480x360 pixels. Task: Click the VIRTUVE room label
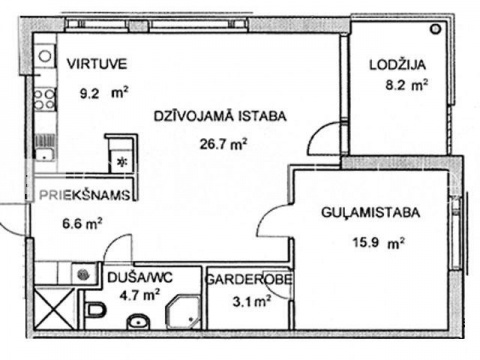[x=97, y=64]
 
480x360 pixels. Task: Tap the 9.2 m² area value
[x=104, y=93]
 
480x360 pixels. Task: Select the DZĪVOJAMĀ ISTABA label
[x=220, y=116]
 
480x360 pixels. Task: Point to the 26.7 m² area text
[x=223, y=144]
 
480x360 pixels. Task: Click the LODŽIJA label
[x=398, y=64]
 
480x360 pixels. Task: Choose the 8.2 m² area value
[x=407, y=85]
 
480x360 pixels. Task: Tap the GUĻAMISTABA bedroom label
[x=371, y=212]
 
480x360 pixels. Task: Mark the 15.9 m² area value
[x=378, y=242]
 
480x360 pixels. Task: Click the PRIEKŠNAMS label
[x=85, y=195]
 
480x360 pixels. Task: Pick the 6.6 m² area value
[x=82, y=223]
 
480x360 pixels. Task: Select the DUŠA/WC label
[x=140, y=277]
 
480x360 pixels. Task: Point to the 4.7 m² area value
[x=139, y=295]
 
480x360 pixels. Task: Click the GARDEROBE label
[x=249, y=279]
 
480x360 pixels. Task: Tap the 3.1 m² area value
[x=252, y=302]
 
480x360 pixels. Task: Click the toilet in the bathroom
[x=95, y=310]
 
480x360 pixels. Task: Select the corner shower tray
[x=184, y=311]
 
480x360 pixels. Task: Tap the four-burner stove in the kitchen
[x=45, y=99]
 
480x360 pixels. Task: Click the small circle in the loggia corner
[x=435, y=29]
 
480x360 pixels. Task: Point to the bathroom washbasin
[x=138, y=322]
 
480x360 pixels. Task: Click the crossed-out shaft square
[x=54, y=309]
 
